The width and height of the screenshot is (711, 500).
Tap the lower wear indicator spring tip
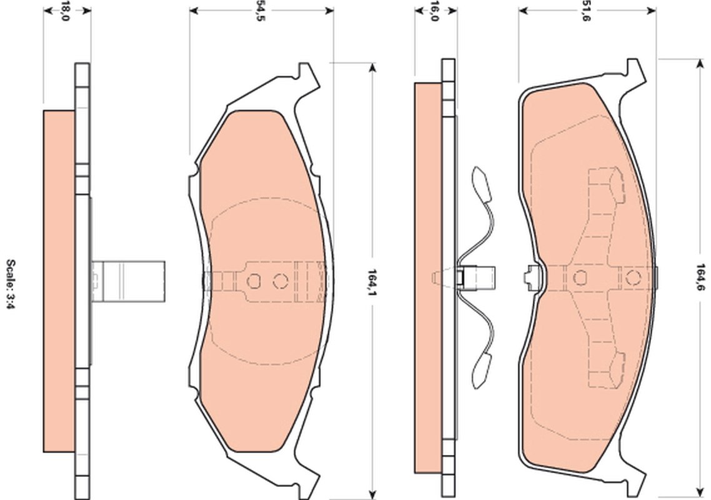(480, 370)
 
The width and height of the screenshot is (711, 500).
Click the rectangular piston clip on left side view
(128, 281)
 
